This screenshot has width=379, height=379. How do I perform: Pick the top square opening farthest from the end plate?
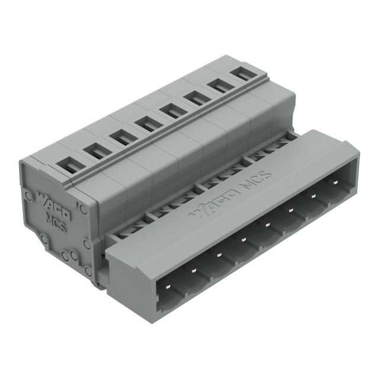(x=240, y=75)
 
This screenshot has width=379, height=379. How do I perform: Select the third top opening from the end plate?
(x=119, y=137)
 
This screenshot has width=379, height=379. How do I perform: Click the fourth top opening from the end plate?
(x=144, y=123)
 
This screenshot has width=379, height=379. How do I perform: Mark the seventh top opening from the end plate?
(x=217, y=86)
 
